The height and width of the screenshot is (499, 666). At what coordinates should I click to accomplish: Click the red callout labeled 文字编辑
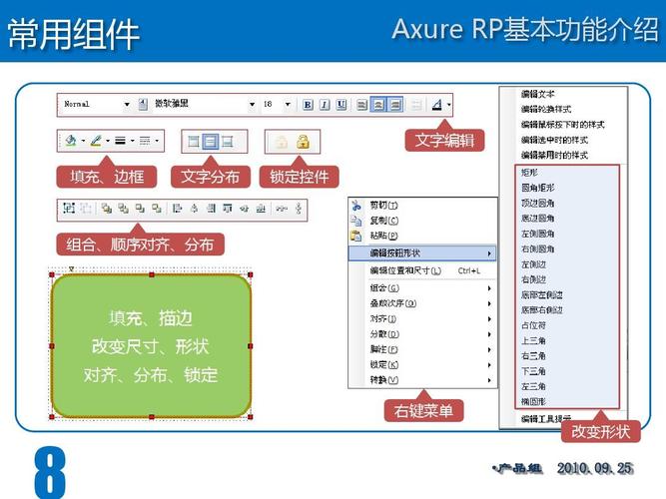(x=445, y=141)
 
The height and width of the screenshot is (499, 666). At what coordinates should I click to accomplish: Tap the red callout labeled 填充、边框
(x=107, y=178)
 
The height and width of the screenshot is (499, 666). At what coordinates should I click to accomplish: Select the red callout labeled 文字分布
(x=211, y=178)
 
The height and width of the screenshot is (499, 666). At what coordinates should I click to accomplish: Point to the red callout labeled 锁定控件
(x=300, y=178)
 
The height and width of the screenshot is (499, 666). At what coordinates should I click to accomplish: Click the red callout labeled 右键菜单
(x=423, y=410)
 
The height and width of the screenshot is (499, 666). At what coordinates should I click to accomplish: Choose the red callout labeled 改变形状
(x=600, y=431)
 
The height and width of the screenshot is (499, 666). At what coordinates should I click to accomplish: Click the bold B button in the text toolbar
(x=309, y=104)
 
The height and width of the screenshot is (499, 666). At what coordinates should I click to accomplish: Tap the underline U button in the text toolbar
(x=341, y=104)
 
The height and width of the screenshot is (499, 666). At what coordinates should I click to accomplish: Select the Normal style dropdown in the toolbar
(x=96, y=104)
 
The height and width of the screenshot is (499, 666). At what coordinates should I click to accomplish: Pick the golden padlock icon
(x=303, y=142)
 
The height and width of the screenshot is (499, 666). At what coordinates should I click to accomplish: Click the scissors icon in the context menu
(x=356, y=205)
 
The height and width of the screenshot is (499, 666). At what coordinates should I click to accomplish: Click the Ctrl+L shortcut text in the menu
(x=469, y=270)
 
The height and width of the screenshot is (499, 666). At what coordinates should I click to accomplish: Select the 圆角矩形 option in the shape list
(x=539, y=187)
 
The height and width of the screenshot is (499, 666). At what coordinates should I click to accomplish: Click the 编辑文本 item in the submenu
(x=539, y=94)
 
